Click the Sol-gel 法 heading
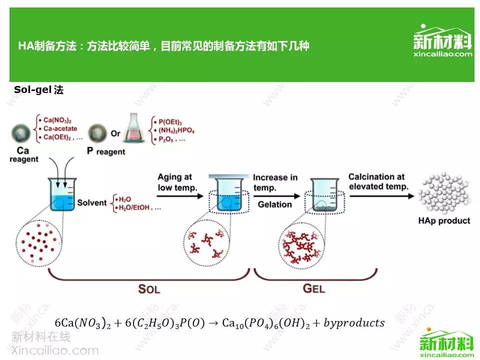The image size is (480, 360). tap(38, 90)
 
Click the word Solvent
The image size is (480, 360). tap(92, 202)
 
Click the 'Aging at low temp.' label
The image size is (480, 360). tap(174, 182)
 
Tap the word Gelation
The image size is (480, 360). tap(274, 204)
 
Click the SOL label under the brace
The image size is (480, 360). tap(149, 288)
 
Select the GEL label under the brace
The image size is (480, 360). tap(314, 288)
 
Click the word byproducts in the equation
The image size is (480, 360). tap(354, 323)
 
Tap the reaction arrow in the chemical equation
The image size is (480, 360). tap(213, 323)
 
